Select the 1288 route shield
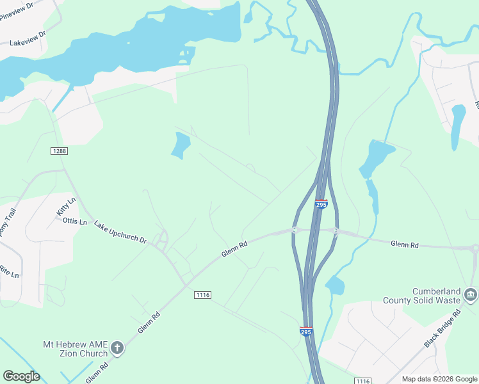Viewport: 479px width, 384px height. [x=58, y=150]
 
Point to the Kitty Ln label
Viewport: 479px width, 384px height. [x=65, y=206]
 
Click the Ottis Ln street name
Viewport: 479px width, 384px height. [x=74, y=221]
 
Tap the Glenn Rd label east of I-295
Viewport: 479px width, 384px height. [x=405, y=244]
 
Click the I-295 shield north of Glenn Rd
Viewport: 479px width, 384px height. [x=321, y=204]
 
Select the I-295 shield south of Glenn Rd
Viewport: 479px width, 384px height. [x=305, y=332]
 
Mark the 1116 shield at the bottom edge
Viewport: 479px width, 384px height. [x=362, y=381]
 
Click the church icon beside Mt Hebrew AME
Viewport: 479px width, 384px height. [x=117, y=348]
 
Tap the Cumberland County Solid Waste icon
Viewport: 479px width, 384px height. [x=471, y=294]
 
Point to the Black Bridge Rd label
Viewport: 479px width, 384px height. [x=442, y=329]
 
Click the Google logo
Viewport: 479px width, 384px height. [x=21, y=376]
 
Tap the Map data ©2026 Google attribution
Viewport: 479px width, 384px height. [x=439, y=379]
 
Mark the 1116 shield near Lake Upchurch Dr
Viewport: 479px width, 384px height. [x=202, y=294]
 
